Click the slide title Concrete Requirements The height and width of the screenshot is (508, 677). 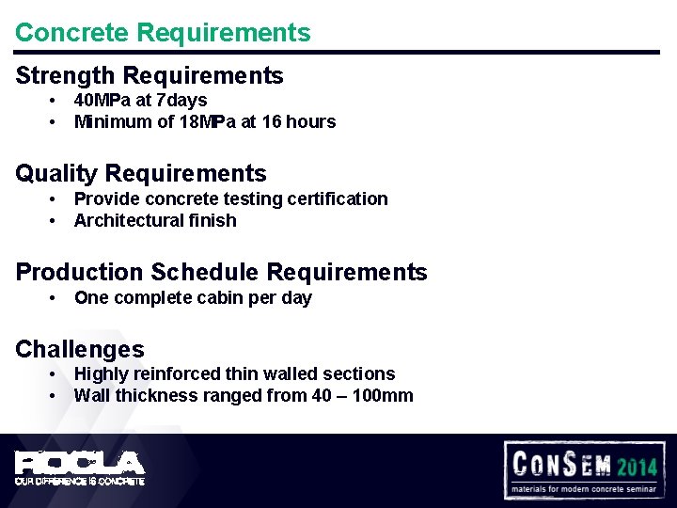point(163,32)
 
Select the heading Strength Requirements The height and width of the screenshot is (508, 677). point(150,75)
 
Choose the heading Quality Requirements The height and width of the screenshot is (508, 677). point(141,174)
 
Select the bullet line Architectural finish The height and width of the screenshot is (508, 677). point(155,220)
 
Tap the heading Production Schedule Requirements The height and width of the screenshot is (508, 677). point(221,273)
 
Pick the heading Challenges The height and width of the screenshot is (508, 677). point(80,350)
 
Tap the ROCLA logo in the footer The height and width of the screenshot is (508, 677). point(79,462)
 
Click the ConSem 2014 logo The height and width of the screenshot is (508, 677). point(584,468)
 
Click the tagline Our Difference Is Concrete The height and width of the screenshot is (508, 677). point(79,481)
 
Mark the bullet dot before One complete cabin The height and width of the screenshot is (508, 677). point(54,298)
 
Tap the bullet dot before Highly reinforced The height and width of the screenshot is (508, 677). point(54,374)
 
